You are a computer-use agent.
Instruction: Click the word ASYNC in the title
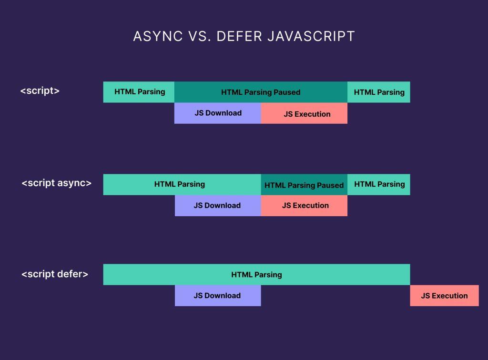158,36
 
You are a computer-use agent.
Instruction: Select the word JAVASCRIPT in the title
311,36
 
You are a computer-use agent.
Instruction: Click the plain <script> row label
40,90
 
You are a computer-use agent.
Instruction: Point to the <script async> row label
57,183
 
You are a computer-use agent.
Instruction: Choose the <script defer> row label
55,274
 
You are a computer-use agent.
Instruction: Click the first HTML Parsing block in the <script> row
139,92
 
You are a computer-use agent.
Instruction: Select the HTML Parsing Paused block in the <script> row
261,92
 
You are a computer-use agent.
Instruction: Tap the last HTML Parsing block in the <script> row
379,92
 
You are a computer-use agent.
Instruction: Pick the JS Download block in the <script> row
217,113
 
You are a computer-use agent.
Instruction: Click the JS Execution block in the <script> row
304,113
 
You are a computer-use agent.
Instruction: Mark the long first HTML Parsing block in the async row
182,185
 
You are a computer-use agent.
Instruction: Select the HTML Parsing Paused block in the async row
304,185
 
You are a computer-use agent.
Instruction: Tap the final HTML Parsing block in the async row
379,185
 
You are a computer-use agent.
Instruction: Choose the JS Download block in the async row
218,206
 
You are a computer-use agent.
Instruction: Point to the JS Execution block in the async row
304,206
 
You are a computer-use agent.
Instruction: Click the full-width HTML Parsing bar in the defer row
257,274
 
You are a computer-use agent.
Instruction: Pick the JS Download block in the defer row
218,296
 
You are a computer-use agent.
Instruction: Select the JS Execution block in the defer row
445,296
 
